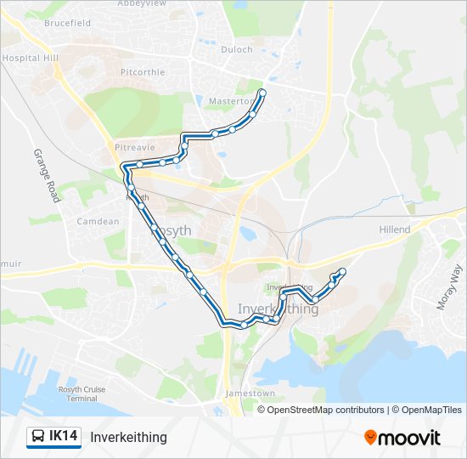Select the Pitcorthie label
coord(143,72)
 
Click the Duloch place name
coord(237,49)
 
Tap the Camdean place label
coord(98,222)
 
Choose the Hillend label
coord(394,229)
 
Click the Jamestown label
coord(250,394)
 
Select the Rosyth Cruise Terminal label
coord(82,394)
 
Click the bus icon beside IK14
coord(39,437)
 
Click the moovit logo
coord(402,438)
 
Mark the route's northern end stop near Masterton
coord(262,93)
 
